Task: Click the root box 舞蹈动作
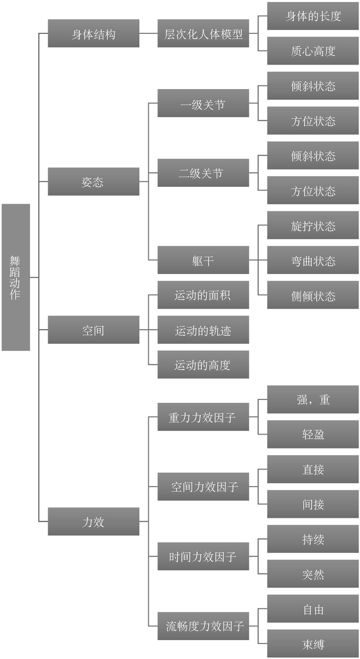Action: point(16,277)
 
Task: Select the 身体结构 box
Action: point(93,33)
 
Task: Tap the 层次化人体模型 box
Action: point(203,33)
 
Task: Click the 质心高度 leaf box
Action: point(313,51)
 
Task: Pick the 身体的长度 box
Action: point(313,16)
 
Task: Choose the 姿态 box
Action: point(93,182)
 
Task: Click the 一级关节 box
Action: point(203,103)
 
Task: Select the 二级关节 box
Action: point(203,173)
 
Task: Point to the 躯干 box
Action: point(203,260)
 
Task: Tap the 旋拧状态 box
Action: point(313,225)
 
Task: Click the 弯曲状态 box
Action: point(313,260)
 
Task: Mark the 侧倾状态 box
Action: point(313,295)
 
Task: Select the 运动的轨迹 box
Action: point(203,330)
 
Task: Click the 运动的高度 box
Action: point(203,364)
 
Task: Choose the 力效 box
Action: point(93,521)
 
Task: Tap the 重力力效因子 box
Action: point(203,417)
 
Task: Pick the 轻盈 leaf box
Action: point(313,434)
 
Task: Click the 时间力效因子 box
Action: point(203,556)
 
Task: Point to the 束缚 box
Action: point(313,644)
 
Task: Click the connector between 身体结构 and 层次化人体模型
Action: point(148,33)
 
